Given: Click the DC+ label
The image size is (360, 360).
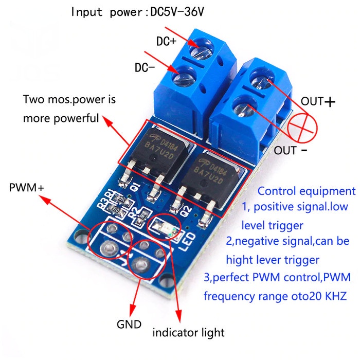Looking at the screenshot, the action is (166, 41).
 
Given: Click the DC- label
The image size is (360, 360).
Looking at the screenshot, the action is (145, 68).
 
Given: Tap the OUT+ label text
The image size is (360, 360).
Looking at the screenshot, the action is (318, 101).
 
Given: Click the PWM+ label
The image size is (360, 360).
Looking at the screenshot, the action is (26, 188).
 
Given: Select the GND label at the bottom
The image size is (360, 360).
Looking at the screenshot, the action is (129, 325).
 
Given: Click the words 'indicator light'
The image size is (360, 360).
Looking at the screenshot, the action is (188, 333).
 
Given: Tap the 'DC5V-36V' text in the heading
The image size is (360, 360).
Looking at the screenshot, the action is (177, 12).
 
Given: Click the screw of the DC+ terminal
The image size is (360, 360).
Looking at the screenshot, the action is (201, 50).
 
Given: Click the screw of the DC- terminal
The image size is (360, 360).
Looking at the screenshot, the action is (184, 76).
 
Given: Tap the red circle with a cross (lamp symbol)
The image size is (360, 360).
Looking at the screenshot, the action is (302, 128).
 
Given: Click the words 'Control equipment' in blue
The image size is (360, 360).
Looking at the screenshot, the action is (307, 191).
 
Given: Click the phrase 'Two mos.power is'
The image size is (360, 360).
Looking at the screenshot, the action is (69, 100).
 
